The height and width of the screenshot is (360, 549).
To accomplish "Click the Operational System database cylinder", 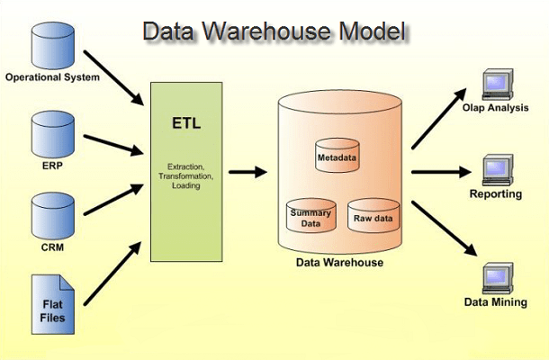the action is pyautogui.click(x=53, y=46).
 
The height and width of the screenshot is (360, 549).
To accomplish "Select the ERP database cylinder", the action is pyautogui.click(x=53, y=134).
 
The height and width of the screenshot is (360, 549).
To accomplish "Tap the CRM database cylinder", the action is pyautogui.click(x=53, y=216).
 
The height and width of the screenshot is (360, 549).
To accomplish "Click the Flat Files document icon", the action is pyautogui.click(x=53, y=304).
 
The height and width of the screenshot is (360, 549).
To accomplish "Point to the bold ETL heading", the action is pyautogui.click(x=186, y=123).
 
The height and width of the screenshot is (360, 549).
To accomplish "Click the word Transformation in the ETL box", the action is pyautogui.click(x=185, y=175).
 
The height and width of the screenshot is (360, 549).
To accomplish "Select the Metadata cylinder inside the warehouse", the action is pyautogui.click(x=337, y=155).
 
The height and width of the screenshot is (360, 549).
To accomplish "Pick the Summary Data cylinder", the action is pyautogui.click(x=310, y=216).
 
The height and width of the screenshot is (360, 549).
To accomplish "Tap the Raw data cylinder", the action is pyautogui.click(x=373, y=215).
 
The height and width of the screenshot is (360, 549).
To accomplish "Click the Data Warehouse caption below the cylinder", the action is pyautogui.click(x=339, y=262).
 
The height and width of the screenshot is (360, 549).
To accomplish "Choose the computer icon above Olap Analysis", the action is pyautogui.click(x=498, y=85).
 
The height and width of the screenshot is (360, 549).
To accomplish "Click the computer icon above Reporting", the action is pyautogui.click(x=498, y=170).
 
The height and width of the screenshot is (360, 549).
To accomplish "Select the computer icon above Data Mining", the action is pyautogui.click(x=498, y=278).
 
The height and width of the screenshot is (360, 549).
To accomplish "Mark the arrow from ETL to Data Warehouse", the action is pyautogui.click(x=247, y=172).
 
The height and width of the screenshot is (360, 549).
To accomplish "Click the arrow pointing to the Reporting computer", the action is pyautogui.click(x=442, y=172).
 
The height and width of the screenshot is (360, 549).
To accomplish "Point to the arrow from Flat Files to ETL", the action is pyautogui.click(x=112, y=274).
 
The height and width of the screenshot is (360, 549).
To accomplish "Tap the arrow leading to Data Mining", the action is pyautogui.click(x=445, y=229).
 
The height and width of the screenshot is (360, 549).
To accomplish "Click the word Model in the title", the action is pyautogui.click(x=373, y=31).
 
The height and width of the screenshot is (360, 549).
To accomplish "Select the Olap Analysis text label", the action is pyautogui.click(x=495, y=107).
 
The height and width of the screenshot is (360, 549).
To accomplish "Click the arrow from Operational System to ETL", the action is pyautogui.click(x=113, y=77).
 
